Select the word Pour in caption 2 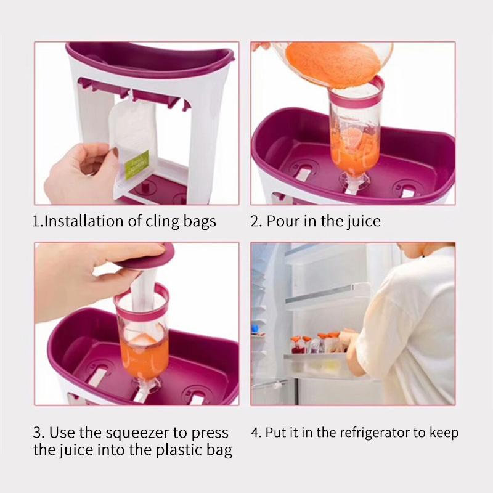click(x=280, y=221)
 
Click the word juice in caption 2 click(x=363, y=221)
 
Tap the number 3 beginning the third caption click(x=37, y=433)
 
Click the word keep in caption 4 click(x=444, y=433)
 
